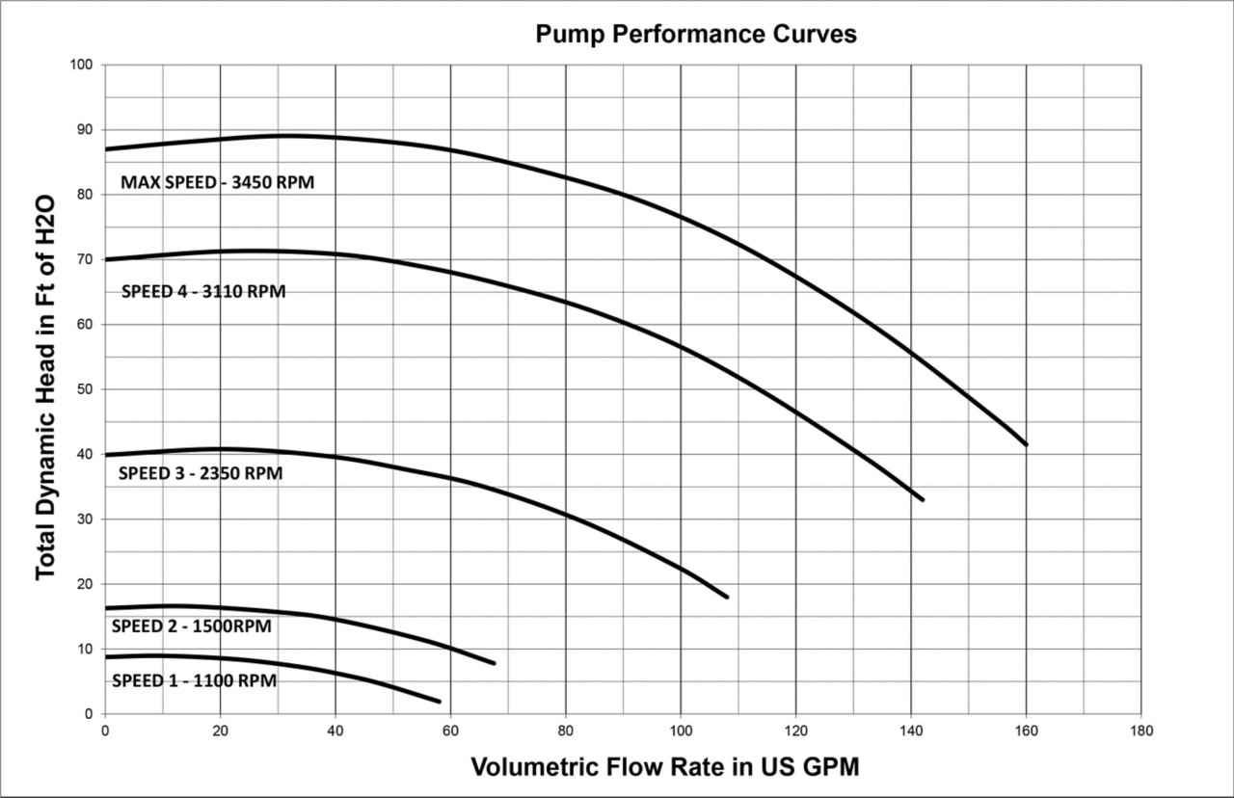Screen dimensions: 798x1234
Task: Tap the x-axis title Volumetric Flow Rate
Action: point(665,767)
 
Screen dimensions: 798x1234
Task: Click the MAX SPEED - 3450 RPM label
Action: point(217,181)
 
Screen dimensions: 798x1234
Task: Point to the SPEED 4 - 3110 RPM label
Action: point(203,291)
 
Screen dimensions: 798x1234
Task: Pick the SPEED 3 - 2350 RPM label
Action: point(201,473)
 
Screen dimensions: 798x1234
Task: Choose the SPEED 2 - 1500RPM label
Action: point(191,626)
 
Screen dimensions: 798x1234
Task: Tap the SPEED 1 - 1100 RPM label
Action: point(194,680)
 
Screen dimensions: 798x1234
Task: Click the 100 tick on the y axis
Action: point(81,65)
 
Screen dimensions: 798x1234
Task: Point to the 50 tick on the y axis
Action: point(85,389)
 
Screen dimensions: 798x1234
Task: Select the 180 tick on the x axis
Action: point(1141,731)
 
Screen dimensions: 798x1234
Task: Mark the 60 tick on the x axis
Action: point(450,731)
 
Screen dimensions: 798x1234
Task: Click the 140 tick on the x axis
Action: point(911,731)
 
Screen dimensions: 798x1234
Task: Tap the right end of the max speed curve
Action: point(1026,444)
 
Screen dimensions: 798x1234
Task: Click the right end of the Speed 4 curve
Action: point(923,499)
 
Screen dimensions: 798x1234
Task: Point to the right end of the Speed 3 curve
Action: point(726,598)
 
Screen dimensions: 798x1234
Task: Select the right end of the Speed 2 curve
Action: point(494,663)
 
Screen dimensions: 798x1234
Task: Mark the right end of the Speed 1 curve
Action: point(439,701)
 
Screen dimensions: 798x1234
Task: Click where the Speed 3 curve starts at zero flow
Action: point(106,455)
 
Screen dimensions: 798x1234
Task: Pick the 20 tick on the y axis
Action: point(85,584)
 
